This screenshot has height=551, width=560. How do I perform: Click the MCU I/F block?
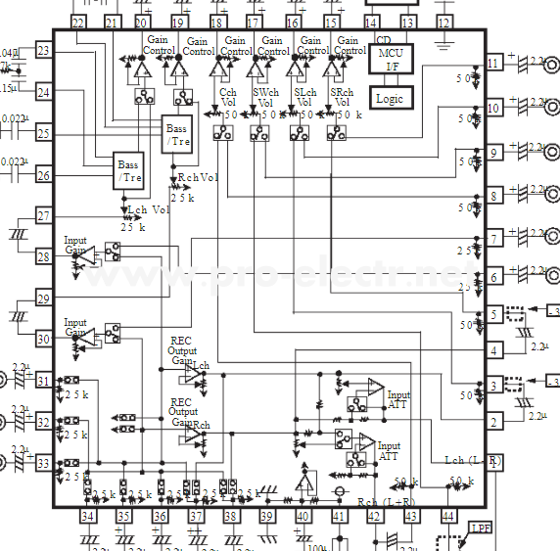[392, 59]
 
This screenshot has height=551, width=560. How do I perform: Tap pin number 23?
[43, 50]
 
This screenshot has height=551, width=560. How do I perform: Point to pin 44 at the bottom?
[449, 516]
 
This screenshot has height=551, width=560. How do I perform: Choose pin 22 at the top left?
[77, 22]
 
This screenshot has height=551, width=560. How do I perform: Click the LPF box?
[482, 530]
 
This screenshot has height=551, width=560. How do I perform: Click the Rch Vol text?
[197, 178]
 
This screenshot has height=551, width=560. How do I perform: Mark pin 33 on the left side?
[43, 463]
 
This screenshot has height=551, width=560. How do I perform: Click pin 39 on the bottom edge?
[266, 516]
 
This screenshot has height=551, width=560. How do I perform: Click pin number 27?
[43, 216]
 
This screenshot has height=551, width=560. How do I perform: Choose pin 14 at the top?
[371, 22]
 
